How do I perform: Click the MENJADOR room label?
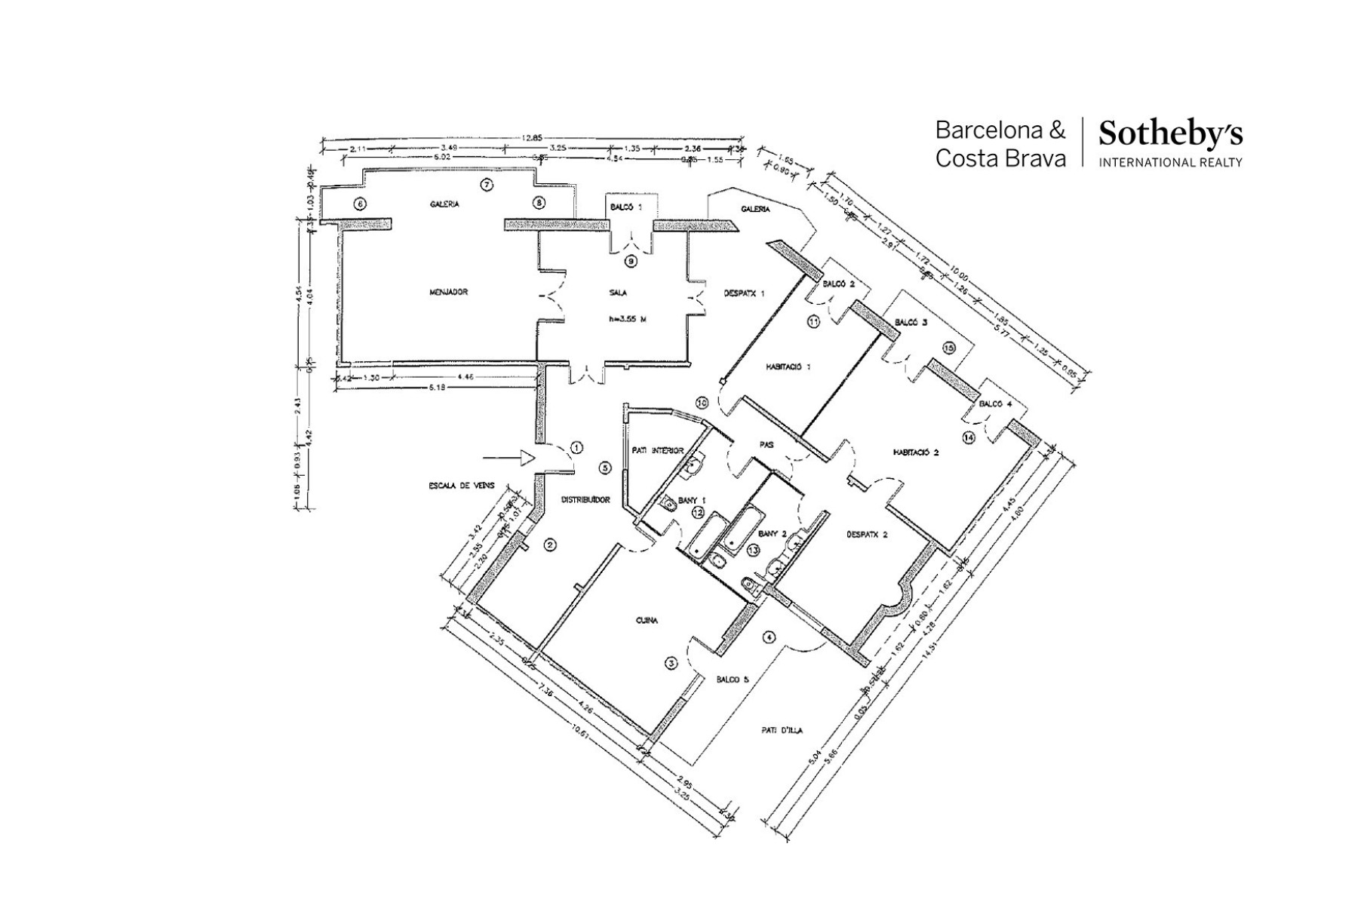pyautogui.click(x=448, y=292)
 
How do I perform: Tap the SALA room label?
pyautogui.click(x=618, y=293)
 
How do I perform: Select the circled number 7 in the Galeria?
pyautogui.click(x=487, y=186)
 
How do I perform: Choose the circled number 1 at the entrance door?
pyautogui.click(x=577, y=448)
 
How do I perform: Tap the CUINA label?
pyautogui.click(x=647, y=621)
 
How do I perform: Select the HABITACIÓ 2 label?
pyautogui.click(x=915, y=452)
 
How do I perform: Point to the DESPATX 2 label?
pyautogui.click(x=867, y=534)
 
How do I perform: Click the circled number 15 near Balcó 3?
pyautogui.click(x=948, y=348)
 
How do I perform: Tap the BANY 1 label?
pyautogui.click(x=692, y=499)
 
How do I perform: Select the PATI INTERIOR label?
pyautogui.click(x=657, y=451)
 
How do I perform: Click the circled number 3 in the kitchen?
pyautogui.click(x=670, y=663)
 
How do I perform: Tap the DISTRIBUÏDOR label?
pyautogui.click(x=585, y=499)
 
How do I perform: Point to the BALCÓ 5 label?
pyautogui.click(x=733, y=680)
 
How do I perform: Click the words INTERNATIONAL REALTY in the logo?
pyautogui.click(x=1170, y=162)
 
